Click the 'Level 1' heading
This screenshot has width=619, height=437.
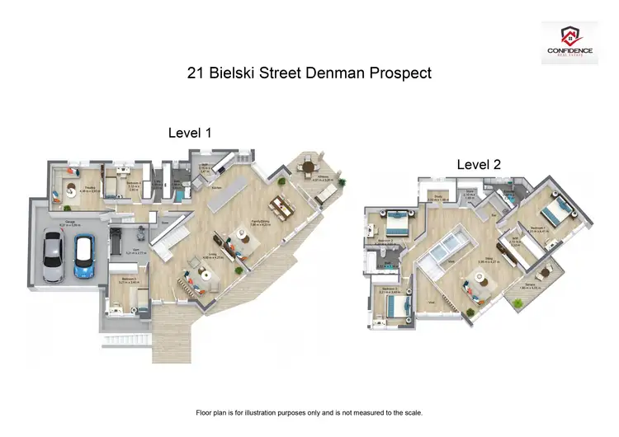click(x=191, y=132)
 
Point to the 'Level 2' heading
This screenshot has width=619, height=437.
click(x=479, y=165)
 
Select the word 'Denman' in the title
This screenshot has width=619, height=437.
click(x=331, y=73)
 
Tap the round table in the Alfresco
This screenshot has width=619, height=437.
click(x=309, y=167)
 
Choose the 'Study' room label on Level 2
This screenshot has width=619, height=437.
click(x=433, y=199)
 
